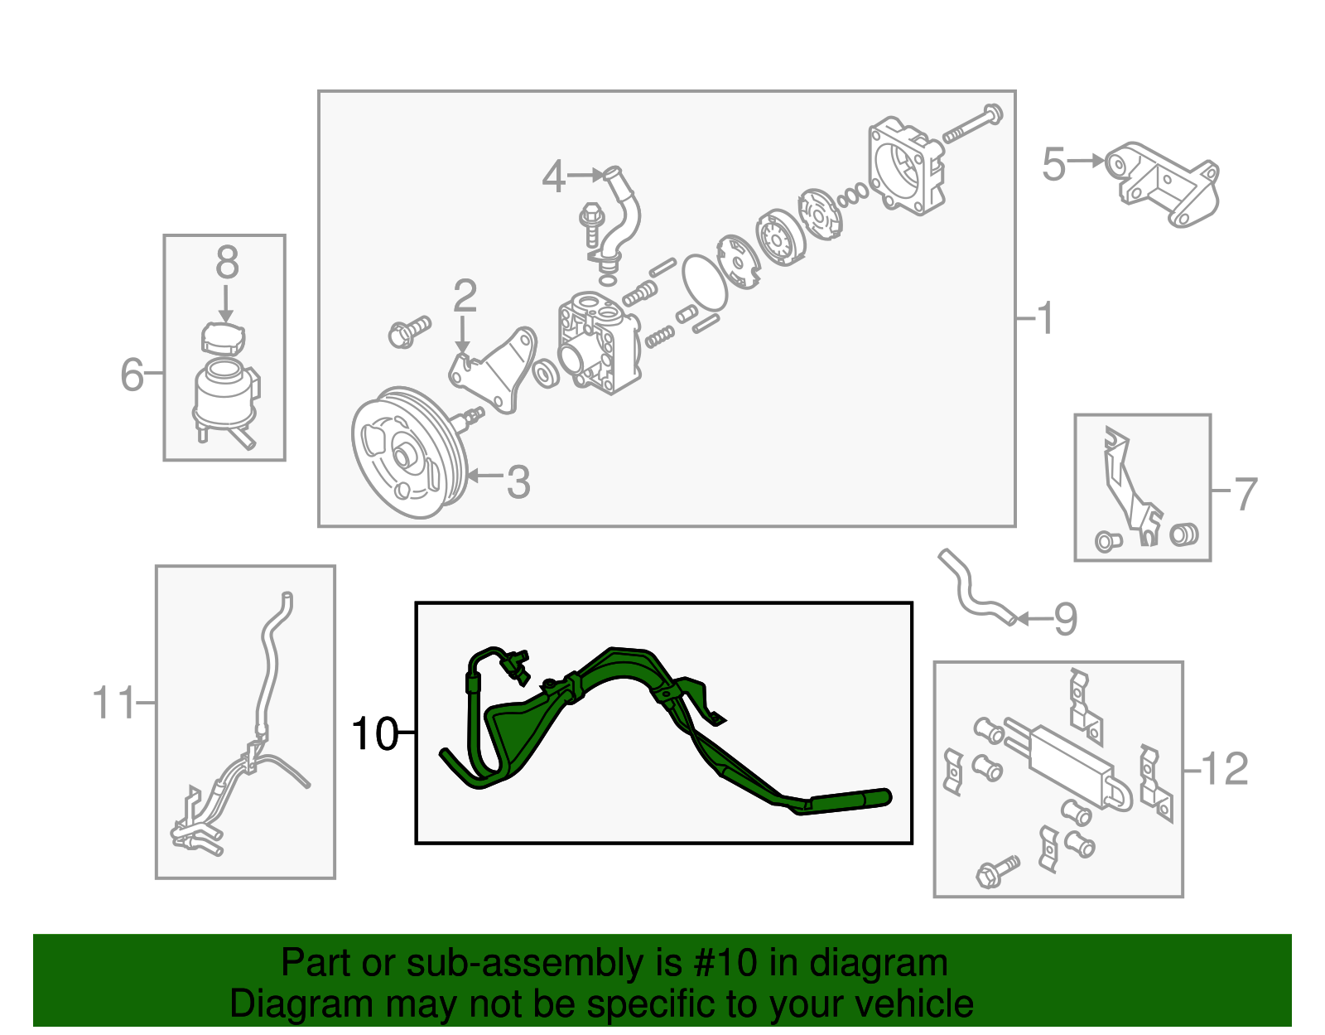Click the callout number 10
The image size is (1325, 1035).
374,733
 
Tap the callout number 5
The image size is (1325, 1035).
1053,164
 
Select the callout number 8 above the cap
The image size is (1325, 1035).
227,264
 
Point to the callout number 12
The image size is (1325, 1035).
1224,770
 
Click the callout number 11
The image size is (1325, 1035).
113,704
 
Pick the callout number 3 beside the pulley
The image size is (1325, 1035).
518,481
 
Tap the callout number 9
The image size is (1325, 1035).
1065,620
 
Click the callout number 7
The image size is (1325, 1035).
1245,494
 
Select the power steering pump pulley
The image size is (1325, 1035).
408,453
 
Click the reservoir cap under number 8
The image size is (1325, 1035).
224,337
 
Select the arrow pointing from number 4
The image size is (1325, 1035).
587,175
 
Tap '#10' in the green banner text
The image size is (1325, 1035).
720,964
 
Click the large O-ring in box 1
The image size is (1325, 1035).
704,282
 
